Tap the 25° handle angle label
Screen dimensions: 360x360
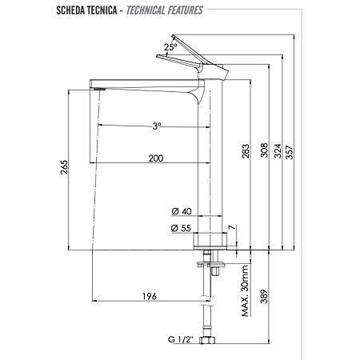(x=170, y=48)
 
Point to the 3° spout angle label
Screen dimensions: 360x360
(x=157, y=126)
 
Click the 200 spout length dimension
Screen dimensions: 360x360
(x=155, y=158)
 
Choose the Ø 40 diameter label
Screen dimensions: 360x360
(x=182, y=211)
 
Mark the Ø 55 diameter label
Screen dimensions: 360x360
(x=182, y=229)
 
